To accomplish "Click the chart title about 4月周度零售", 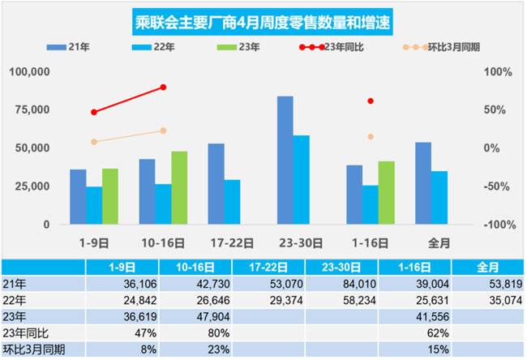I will tap(263, 22).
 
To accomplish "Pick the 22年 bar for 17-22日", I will tap(232, 202).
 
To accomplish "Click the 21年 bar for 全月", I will tap(423, 183).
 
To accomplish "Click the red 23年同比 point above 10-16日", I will tap(163, 87).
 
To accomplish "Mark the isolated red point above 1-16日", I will tap(371, 101).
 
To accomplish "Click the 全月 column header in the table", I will tap(484, 266).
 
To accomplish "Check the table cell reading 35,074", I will tap(484, 300).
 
